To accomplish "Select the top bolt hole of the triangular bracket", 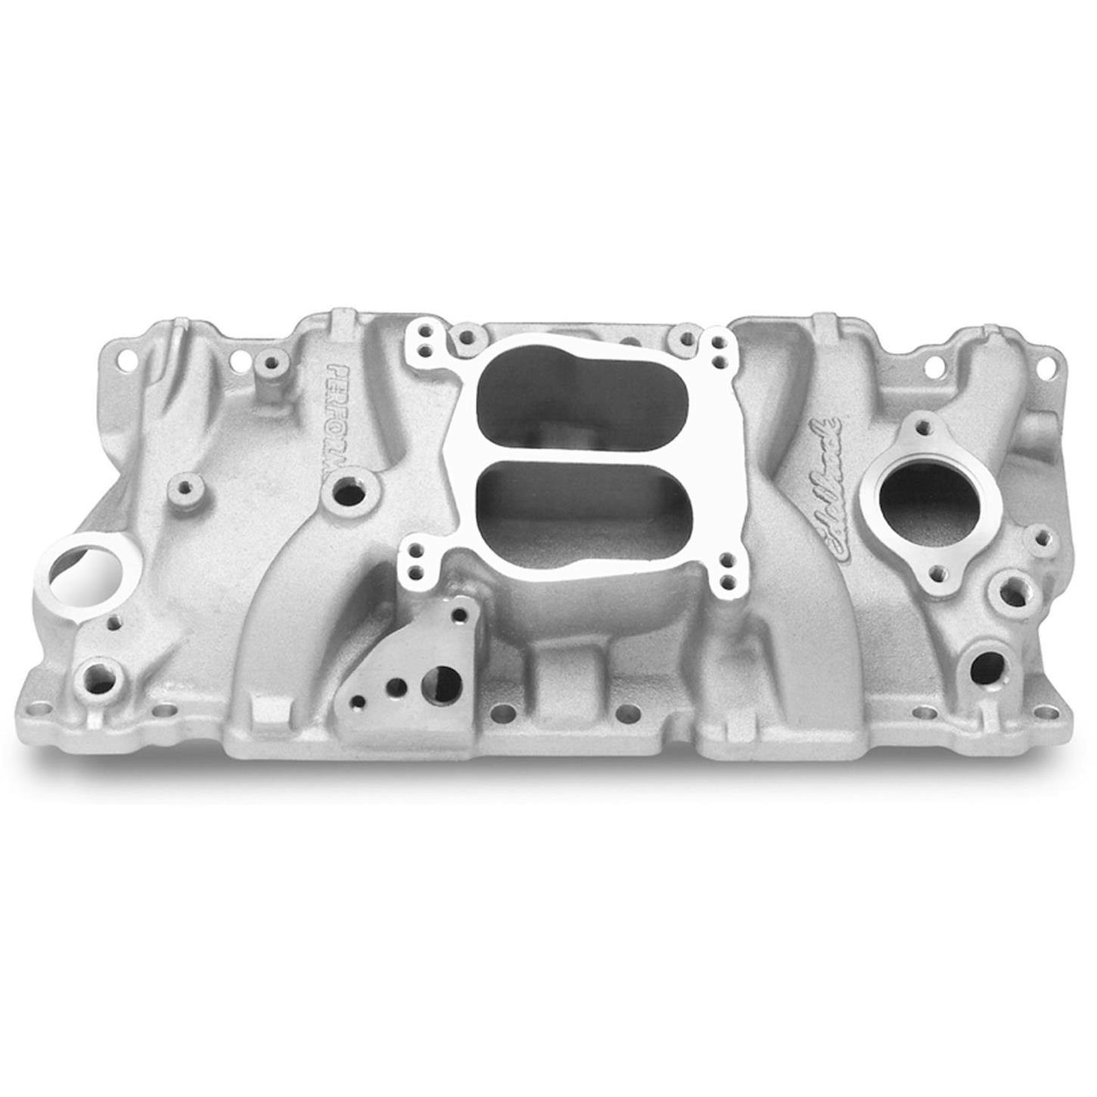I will click(458, 617).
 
